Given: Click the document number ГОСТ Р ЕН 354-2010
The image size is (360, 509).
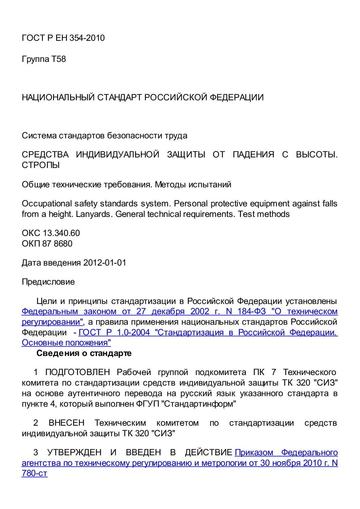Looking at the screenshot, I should click(63, 38).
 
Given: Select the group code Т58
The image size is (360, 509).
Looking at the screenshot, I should click(59, 59).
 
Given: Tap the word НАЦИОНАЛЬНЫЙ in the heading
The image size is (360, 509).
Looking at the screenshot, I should click(58, 98).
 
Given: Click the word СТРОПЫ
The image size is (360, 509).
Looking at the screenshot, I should click(41, 165).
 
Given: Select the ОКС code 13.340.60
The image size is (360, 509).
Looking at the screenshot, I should click(61, 233).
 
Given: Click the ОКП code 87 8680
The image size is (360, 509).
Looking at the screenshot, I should click(57, 244).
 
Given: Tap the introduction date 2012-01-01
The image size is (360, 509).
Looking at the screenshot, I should click(104, 263).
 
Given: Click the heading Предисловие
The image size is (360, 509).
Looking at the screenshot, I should click(48, 282).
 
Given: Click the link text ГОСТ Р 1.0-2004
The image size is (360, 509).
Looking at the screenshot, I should click(114, 333).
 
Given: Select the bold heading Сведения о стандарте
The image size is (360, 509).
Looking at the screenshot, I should click(84, 353).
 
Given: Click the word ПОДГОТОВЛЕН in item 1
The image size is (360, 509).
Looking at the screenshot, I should click(78, 372).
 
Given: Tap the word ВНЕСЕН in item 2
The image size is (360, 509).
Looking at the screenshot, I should click(66, 423).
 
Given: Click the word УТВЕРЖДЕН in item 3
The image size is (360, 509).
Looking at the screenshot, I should click(74, 453).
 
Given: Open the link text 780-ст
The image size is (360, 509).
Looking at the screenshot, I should click(34, 473).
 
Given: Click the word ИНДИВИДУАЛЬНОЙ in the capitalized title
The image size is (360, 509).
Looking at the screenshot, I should click(117, 155).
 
